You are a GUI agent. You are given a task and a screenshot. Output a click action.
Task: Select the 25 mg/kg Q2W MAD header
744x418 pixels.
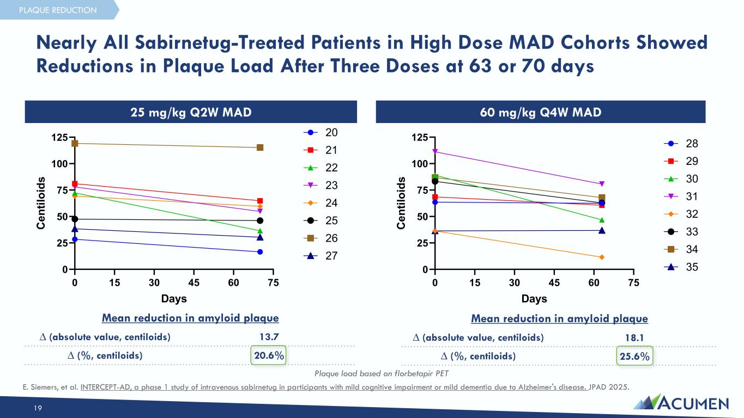[x=190, y=112]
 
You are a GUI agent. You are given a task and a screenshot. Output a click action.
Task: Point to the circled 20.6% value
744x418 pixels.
[x=268, y=355]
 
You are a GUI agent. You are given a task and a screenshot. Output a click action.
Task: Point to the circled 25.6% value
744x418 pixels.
[x=634, y=356]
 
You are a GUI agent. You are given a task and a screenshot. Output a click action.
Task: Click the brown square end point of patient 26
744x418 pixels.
[x=260, y=147]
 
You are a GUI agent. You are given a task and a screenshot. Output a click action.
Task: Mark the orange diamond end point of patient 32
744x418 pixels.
[x=602, y=257]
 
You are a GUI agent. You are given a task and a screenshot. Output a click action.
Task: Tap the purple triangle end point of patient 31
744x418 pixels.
[x=602, y=184]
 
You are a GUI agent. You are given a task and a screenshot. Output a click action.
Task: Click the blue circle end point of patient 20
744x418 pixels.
[x=260, y=252]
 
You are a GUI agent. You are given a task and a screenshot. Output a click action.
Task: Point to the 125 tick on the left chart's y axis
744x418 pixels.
[x=60, y=137]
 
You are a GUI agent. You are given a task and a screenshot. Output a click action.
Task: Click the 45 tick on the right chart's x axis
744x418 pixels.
[x=554, y=283]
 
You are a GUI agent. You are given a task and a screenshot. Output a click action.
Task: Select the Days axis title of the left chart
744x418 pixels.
[x=174, y=299]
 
